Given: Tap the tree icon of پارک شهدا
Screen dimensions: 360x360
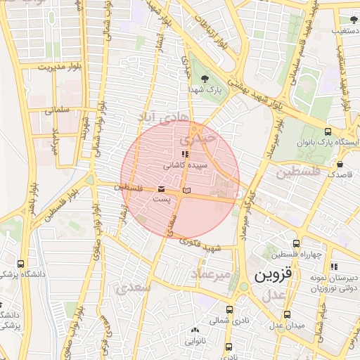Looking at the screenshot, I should [x=205, y=79].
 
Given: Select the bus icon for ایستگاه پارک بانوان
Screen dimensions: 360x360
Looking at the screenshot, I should [x=328, y=131].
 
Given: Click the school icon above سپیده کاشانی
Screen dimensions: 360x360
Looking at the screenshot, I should [x=184, y=154].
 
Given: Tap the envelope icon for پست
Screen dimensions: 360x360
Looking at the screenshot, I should [x=162, y=189].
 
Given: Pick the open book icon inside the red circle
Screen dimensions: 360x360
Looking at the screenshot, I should [x=186, y=191].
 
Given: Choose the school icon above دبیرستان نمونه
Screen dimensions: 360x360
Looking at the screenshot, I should [x=335, y=266].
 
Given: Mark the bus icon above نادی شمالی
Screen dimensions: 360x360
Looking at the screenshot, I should [x=229, y=309].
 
